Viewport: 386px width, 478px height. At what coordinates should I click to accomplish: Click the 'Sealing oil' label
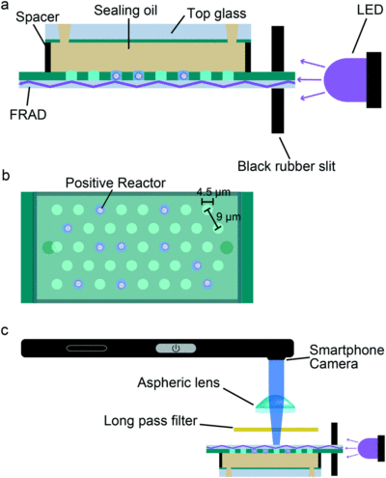tap(125, 11)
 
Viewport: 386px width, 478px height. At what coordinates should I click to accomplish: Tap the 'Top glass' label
tap(217, 14)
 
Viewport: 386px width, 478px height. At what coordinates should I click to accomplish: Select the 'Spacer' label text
tap(38, 17)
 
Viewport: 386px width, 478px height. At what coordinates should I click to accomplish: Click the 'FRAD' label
tap(28, 114)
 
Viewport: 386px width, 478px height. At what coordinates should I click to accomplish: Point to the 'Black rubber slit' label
tap(287, 166)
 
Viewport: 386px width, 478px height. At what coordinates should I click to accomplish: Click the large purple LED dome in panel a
tap(345, 79)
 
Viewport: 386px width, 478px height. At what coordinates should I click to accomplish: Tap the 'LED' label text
tap(370, 10)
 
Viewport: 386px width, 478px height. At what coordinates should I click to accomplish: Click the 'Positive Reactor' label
tap(116, 183)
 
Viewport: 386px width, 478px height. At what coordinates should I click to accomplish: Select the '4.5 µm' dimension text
tap(213, 192)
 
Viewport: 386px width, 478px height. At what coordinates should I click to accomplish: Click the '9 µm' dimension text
tap(229, 216)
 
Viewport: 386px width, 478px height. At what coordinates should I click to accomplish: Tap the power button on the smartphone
tap(176, 348)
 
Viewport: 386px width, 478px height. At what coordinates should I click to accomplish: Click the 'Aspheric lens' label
tap(179, 382)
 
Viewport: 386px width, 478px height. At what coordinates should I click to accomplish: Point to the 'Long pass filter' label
tap(151, 421)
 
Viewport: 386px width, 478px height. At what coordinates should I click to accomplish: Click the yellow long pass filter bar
tap(276, 430)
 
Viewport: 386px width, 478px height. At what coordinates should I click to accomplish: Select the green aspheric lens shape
tap(275, 405)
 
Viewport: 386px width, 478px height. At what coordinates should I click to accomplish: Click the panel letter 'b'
tap(6, 176)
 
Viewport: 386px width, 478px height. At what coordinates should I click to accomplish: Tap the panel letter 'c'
tap(5, 331)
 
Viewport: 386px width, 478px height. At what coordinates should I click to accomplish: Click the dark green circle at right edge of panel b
tap(227, 247)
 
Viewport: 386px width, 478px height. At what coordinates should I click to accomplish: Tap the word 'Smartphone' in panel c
tap(346, 350)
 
